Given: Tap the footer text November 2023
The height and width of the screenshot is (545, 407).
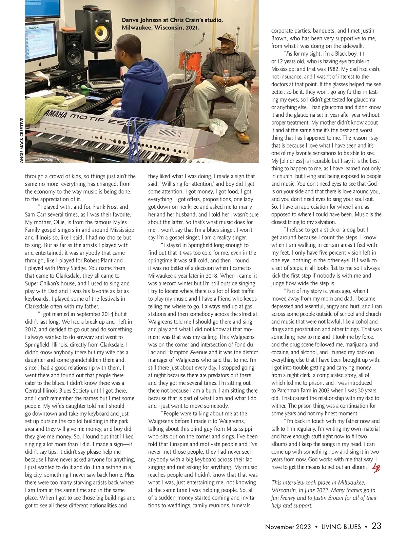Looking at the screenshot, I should click(x=288, y=527).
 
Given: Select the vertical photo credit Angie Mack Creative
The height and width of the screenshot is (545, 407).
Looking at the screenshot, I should click(x=22, y=140).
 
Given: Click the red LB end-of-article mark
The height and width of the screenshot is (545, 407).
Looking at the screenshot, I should click(x=376, y=467).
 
